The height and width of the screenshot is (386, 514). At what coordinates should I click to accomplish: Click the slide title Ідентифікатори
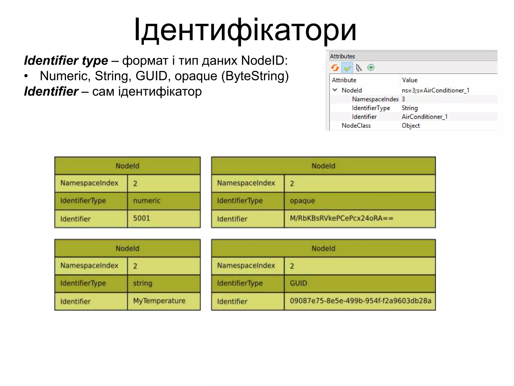(245, 30)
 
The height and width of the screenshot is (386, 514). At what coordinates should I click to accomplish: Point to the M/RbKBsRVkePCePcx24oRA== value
(341, 218)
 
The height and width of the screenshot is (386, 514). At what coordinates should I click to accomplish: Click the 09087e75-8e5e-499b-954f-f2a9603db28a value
(360, 301)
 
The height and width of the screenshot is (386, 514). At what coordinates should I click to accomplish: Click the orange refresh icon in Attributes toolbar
(335, 68)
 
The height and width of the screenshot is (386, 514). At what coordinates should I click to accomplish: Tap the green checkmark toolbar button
(347, 68)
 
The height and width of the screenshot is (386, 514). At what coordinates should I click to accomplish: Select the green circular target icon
(371, 68)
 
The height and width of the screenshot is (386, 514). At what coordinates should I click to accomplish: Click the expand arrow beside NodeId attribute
(335, 90)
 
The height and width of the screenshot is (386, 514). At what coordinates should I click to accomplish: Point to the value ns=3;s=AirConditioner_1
(435, 90)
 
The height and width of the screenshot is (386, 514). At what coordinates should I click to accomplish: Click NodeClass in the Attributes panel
(356, 125)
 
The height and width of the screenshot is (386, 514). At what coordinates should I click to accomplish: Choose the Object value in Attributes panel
(411, 125)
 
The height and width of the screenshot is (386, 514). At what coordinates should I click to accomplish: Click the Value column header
(410, 80)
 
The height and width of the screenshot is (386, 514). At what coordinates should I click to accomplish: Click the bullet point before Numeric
(26, 76)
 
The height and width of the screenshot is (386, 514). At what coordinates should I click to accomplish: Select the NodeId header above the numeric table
(127, 166)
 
